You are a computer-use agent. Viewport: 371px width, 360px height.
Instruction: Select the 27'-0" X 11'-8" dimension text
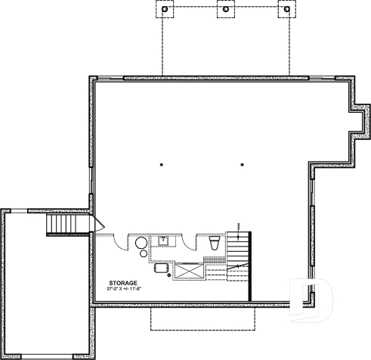[125, 288]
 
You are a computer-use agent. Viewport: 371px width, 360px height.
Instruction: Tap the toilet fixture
[213, 243]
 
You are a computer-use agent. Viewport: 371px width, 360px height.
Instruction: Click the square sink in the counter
[163, 241]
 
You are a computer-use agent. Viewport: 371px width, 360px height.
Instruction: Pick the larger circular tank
[141, 243]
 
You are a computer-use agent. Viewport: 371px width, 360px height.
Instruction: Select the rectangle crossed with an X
[188, 270]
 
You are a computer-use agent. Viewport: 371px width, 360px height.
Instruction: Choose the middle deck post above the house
[224, 11]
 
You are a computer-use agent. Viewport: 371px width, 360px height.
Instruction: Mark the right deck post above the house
[285, 11]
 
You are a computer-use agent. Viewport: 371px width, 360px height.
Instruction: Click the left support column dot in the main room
[162, 164]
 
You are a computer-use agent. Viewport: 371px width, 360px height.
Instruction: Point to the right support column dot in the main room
[242, 164]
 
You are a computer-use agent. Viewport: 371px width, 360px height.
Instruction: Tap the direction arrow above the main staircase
[240, 229]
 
